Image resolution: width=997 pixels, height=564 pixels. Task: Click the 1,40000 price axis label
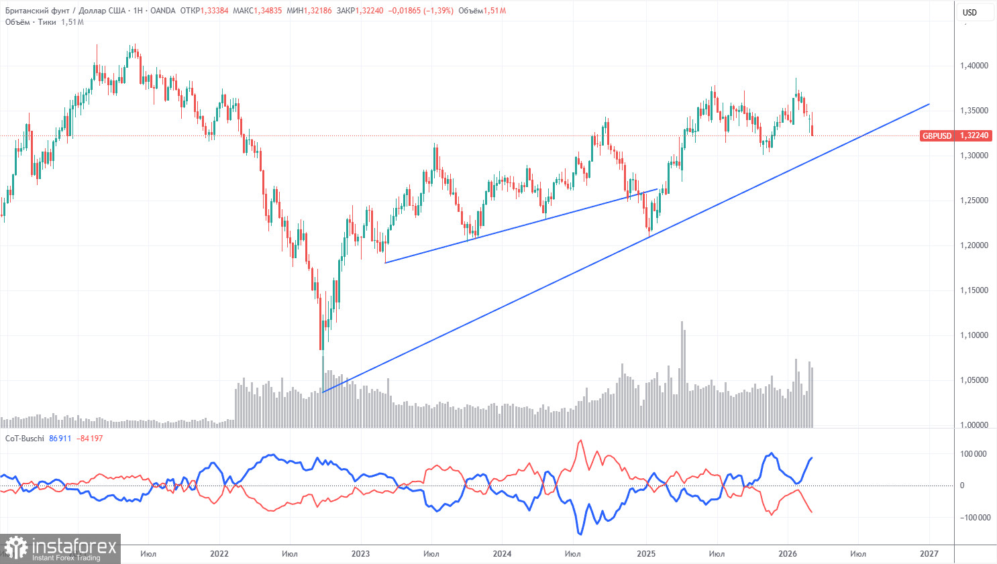coord(974,66)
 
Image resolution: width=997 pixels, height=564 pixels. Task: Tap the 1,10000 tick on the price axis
coord(974,335)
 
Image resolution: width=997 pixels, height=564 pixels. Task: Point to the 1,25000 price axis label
coord(974,201)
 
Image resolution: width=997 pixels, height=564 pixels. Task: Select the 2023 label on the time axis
coord(360,554)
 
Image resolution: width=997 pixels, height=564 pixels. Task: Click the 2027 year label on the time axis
coord(929,554)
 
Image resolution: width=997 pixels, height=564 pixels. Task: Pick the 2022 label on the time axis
coord(219,554)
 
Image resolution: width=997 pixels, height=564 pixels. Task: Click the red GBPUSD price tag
coord(937,135)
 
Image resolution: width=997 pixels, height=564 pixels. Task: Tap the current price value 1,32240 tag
coord(974,135)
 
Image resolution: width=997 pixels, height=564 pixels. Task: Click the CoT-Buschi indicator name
coord(25,439)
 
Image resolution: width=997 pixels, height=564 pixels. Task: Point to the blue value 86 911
coord(60,439)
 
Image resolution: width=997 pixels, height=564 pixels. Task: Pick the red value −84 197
coord(90,439)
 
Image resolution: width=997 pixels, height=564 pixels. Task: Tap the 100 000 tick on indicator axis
coord(973,454)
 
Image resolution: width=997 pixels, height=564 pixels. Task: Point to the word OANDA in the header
coord(163,11)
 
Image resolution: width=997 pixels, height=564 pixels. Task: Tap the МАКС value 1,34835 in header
coord(268,11)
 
